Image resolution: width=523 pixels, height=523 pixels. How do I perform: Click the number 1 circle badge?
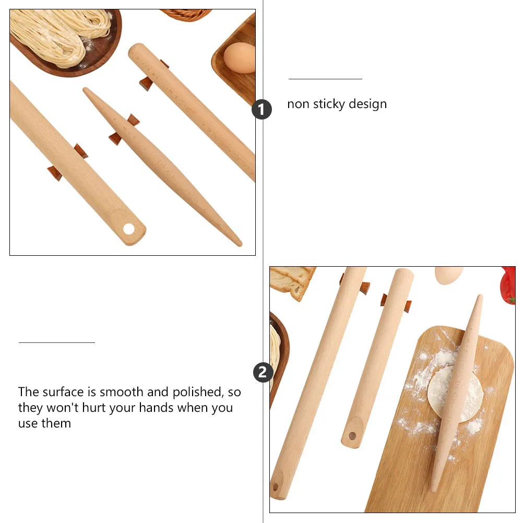pyautogui.click(x=261, y=110)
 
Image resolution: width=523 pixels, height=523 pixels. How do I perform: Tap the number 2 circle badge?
pyautogui.click(x=263, y=373)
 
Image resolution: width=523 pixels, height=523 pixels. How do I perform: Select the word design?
pyautogui.click(x=369, y=104)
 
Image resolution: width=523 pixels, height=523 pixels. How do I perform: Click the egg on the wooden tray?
pyautogui.click(x=239, y=57)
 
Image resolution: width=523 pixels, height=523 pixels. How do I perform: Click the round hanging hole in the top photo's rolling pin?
pyautogui.click(x=128, y=229)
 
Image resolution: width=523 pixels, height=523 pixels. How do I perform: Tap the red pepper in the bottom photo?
pyautogui.click(x=509, y=284)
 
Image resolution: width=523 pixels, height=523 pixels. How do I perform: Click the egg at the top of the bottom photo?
pyautogui.click(x=448, y=275)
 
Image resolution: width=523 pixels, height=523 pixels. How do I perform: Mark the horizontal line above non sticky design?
pyautogui.click(x=325, y=79)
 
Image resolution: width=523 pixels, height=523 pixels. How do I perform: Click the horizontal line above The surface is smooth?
pyautogui.click(x=57, y=342)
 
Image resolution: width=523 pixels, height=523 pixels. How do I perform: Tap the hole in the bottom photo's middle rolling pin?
pyautogui.click(x=352, y=435)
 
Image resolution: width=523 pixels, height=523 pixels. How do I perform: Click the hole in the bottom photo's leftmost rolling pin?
pyautogui.click(x=275, y=486)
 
